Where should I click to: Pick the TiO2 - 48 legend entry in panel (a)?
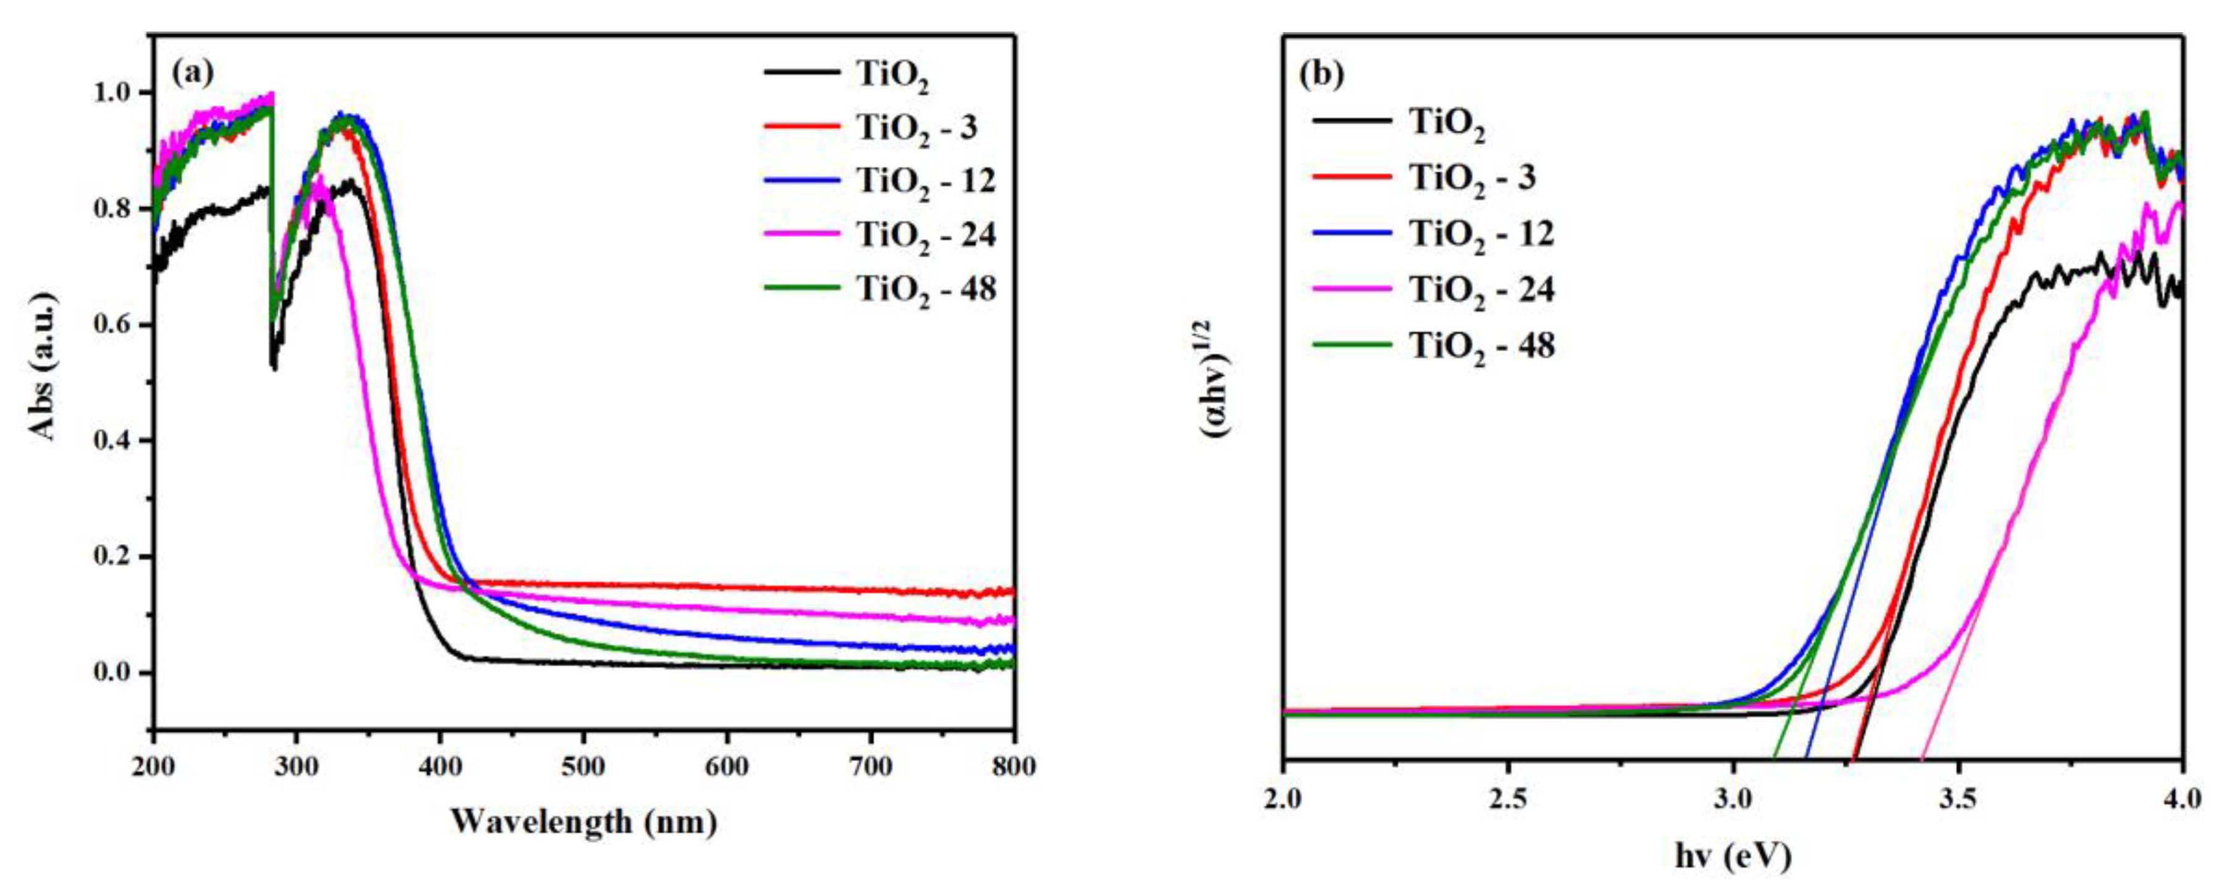pyautogui.click(x=925, y=289)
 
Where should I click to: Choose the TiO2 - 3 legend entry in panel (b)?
pyautogui.click(x=1471, y=178)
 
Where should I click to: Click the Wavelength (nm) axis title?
pyautogui.click(x=583, y=821)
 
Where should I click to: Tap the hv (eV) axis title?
pyautogui.click(x=1733, y=856)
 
